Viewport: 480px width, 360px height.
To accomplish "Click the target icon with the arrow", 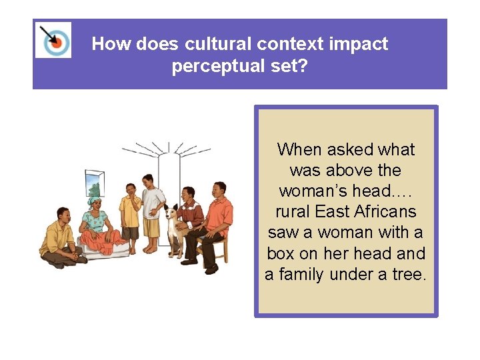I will click(53, 39).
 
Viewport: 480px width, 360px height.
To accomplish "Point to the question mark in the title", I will click(303, 67).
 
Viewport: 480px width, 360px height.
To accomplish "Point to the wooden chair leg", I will click(223, 257).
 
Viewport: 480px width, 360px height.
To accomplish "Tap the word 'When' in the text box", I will click(298, 149).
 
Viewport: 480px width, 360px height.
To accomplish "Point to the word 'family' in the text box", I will click(305, 274).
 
